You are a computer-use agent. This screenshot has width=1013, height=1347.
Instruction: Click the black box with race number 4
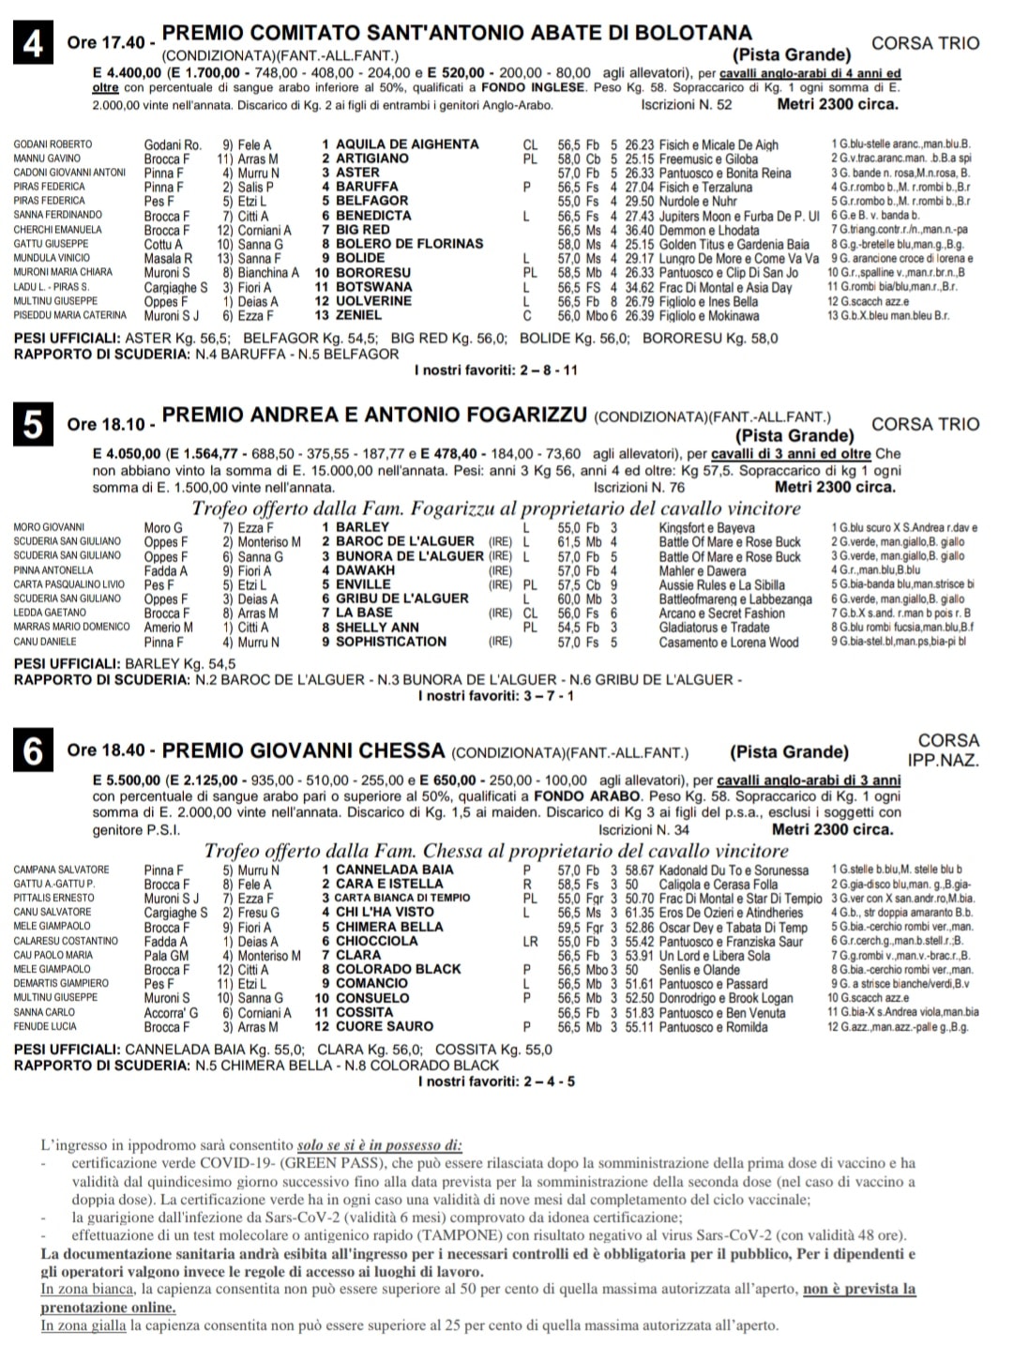tap(34, 44)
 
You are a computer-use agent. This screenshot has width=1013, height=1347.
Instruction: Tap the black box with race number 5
tap(34, 425)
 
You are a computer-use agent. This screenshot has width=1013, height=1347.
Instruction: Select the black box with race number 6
tap(34, 751)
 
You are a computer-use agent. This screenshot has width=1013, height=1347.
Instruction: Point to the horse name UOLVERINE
tap(373, 301)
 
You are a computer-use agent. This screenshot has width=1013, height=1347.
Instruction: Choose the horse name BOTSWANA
tap(373, 287)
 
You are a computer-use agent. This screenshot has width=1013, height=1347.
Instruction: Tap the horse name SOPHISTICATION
tap(391, 642)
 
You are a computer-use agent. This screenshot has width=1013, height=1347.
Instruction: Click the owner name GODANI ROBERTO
tap(53, 144)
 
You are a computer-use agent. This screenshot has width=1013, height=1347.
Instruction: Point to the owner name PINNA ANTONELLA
tap(53, 570)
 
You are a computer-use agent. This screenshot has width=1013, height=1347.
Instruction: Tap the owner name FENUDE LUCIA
tap(45, 1026)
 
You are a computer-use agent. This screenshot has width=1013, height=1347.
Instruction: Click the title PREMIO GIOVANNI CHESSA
tap(303, 751)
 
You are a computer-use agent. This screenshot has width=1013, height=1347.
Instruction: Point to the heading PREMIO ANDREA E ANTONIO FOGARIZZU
tap(375, 415)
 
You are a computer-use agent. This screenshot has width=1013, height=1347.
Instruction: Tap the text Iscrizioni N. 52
tap(687, 105)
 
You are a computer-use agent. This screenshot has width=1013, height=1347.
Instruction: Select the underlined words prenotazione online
tap(108, 1308)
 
